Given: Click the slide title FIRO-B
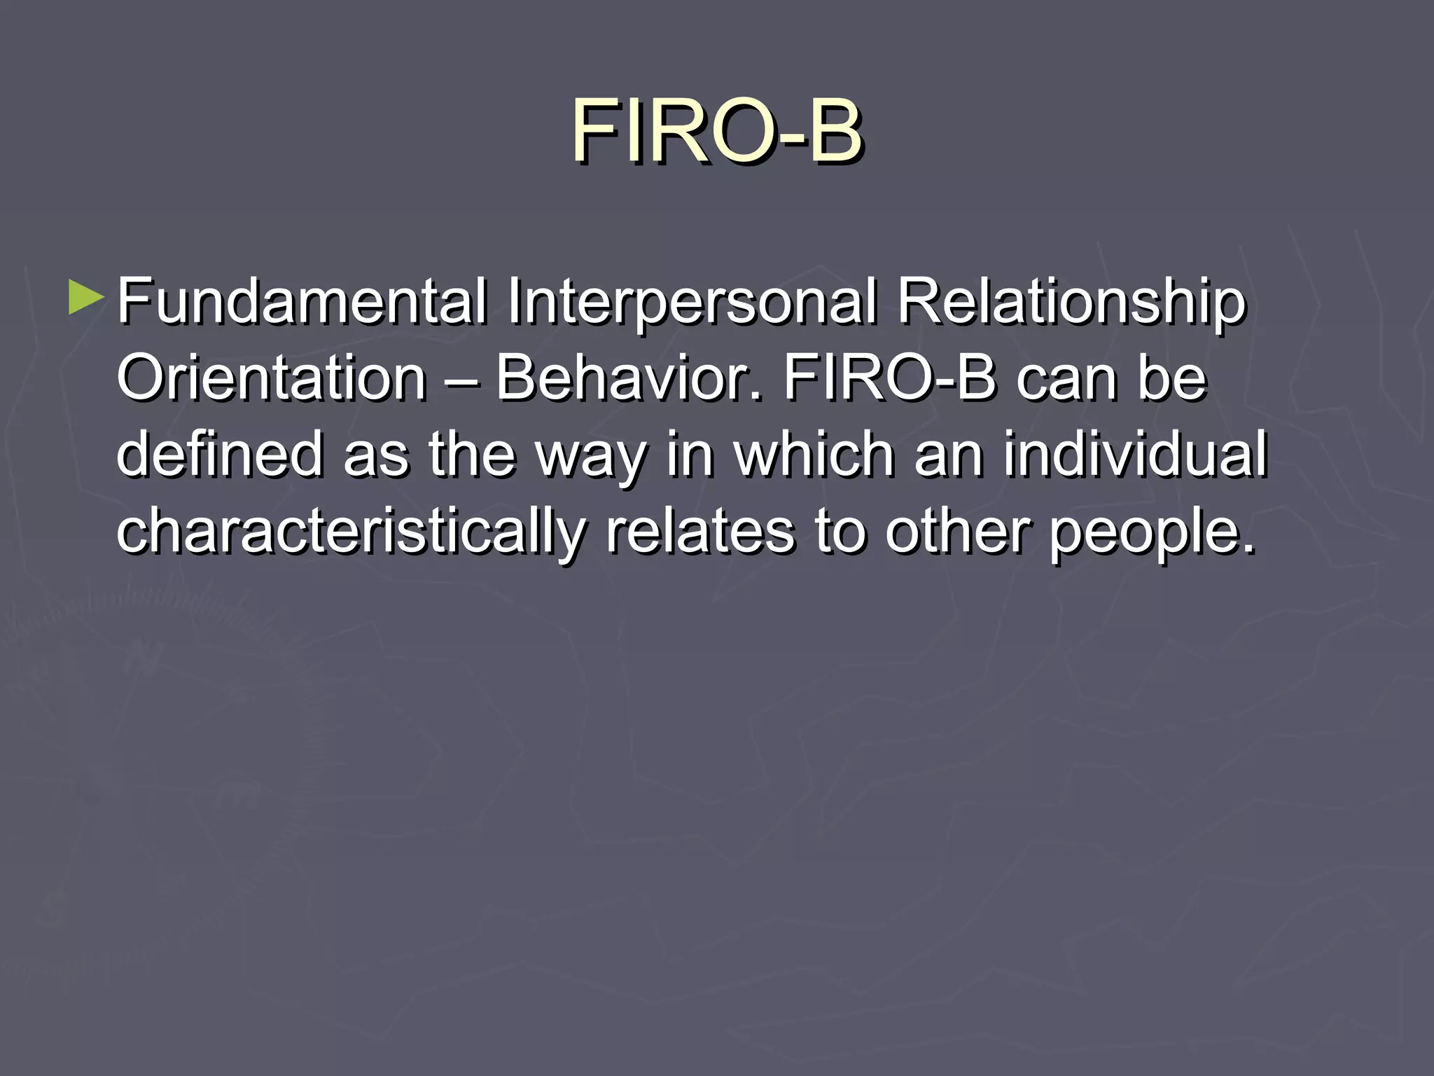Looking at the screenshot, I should click(717, 132).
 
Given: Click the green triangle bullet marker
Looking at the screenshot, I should click(86, 298).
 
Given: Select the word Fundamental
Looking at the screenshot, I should click(301, 303).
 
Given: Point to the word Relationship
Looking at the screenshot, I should click(1071, 303).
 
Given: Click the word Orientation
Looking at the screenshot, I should click(272, 379).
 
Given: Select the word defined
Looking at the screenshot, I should click(219, 455).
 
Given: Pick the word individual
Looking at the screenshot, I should click(1135, 455).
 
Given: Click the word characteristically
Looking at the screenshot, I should click(350, 532).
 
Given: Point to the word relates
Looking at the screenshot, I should click(699, 532).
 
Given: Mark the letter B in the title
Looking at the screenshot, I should click(833, 132).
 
